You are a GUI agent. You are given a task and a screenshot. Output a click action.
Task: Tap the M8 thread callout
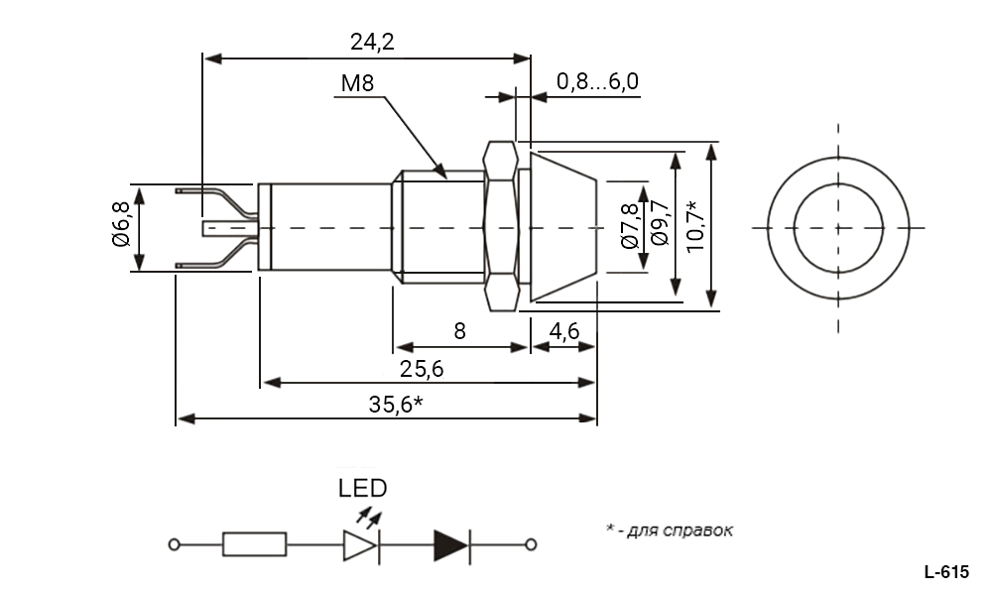[x=356, y=83]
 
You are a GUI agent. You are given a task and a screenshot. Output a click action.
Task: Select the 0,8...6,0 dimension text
[x=597, y=82]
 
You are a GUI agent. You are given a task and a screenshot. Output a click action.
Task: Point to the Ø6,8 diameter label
[x=120, y=226]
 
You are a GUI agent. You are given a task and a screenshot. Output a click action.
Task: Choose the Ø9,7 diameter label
[x=658, y=226]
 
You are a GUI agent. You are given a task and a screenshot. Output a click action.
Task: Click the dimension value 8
[x=459, y=331]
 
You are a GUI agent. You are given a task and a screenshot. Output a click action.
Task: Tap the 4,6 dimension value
[x=564, y=331]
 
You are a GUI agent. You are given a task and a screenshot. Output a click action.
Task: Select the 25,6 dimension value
[x=421, y=368]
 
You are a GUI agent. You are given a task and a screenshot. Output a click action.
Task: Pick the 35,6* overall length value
[x=396, y=404]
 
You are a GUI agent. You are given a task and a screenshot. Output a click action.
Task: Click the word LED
[x=362, y=488]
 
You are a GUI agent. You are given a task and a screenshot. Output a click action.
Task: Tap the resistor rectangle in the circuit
[x=255, y=544]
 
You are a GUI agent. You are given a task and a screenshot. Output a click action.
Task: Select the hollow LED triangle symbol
[x=359, y=544]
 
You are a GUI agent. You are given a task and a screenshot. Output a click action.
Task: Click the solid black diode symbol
[x=451, y=544]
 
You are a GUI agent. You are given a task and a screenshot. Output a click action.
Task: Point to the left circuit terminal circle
[x=176, y=544]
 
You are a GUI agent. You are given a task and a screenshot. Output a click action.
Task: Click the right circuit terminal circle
[x=532, y=544]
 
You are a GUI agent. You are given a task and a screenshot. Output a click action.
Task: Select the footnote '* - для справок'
[x=670, y=530]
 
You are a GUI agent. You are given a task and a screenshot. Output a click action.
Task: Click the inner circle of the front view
[x=838, y=227]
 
